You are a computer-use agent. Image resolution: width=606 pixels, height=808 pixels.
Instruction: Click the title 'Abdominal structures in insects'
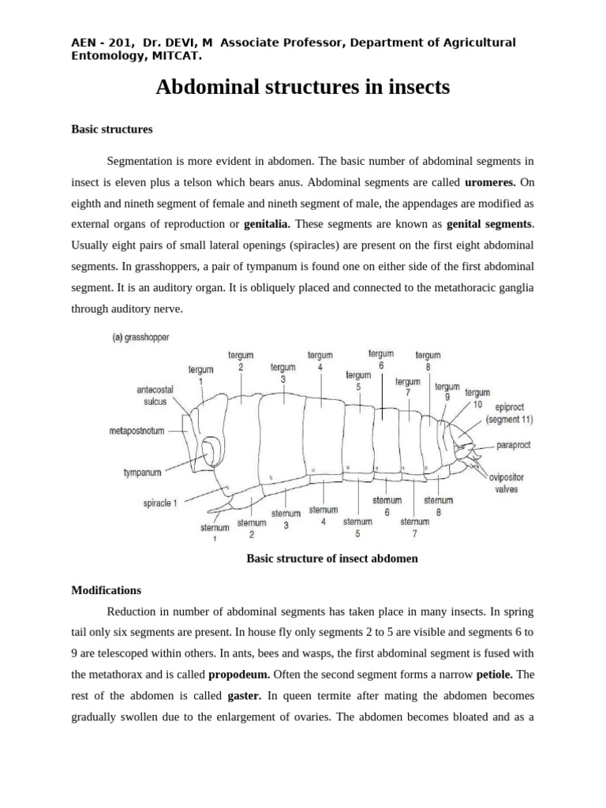[303, 88]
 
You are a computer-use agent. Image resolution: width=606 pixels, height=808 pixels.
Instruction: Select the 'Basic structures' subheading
[112, 128]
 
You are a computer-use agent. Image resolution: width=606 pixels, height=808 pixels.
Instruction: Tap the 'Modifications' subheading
[106, 589]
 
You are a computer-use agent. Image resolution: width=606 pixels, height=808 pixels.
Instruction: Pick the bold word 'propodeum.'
[239, 675]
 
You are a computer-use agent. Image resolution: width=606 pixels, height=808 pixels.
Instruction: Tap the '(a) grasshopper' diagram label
[140, 338]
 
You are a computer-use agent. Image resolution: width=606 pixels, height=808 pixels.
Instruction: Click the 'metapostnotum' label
[141, 432]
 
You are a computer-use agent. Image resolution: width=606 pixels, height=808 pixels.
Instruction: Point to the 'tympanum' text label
[142, 473]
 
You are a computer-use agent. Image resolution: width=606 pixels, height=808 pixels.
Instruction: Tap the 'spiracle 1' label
[159, 503]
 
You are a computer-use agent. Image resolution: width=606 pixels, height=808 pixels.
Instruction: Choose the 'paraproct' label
[514, 445]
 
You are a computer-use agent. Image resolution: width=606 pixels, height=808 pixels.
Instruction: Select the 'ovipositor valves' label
[506, 483]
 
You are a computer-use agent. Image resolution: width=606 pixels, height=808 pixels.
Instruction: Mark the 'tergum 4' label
[320, 361]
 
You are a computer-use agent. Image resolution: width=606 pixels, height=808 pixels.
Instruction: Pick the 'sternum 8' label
[438, 505]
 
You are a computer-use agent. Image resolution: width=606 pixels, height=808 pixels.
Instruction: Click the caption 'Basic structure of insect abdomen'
[331, 559]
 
